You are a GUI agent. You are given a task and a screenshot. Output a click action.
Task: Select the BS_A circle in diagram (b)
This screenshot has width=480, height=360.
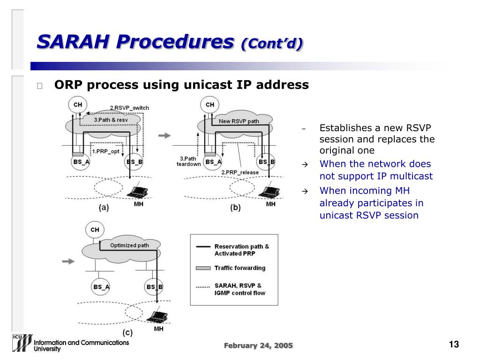(x=213, y=162)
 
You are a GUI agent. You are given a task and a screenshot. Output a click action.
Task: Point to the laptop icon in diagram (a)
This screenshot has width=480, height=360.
(x=138, y=192)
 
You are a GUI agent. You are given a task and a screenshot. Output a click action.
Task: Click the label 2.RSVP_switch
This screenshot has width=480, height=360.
(x=129, y=108)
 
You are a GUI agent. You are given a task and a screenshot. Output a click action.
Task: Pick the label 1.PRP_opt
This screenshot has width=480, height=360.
(x=105, y=151)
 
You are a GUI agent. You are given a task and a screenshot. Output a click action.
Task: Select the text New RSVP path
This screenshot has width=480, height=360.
(x=239, y=121)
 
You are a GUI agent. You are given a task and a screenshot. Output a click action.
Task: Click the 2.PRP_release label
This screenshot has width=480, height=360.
(x=240, y=172)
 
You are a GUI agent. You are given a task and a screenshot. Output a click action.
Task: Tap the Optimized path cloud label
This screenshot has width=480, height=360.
(x=129, y=245)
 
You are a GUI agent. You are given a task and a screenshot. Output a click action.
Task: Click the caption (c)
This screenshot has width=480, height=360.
(x=127, y=333)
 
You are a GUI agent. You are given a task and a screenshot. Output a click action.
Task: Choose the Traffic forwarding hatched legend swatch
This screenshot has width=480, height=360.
(x=202, y=268)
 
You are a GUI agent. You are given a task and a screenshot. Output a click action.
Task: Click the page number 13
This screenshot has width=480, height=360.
(x=453, y=345)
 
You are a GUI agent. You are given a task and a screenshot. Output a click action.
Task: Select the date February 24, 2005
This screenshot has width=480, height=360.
(x=258, y=345)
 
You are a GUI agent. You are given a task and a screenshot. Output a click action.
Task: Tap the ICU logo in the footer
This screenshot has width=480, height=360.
(x=22, y=343)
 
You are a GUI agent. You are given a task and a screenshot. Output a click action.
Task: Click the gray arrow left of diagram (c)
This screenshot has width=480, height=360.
(x=68, y=261)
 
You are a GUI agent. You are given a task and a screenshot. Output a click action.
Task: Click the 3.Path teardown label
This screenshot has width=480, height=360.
(x=188, y=161)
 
